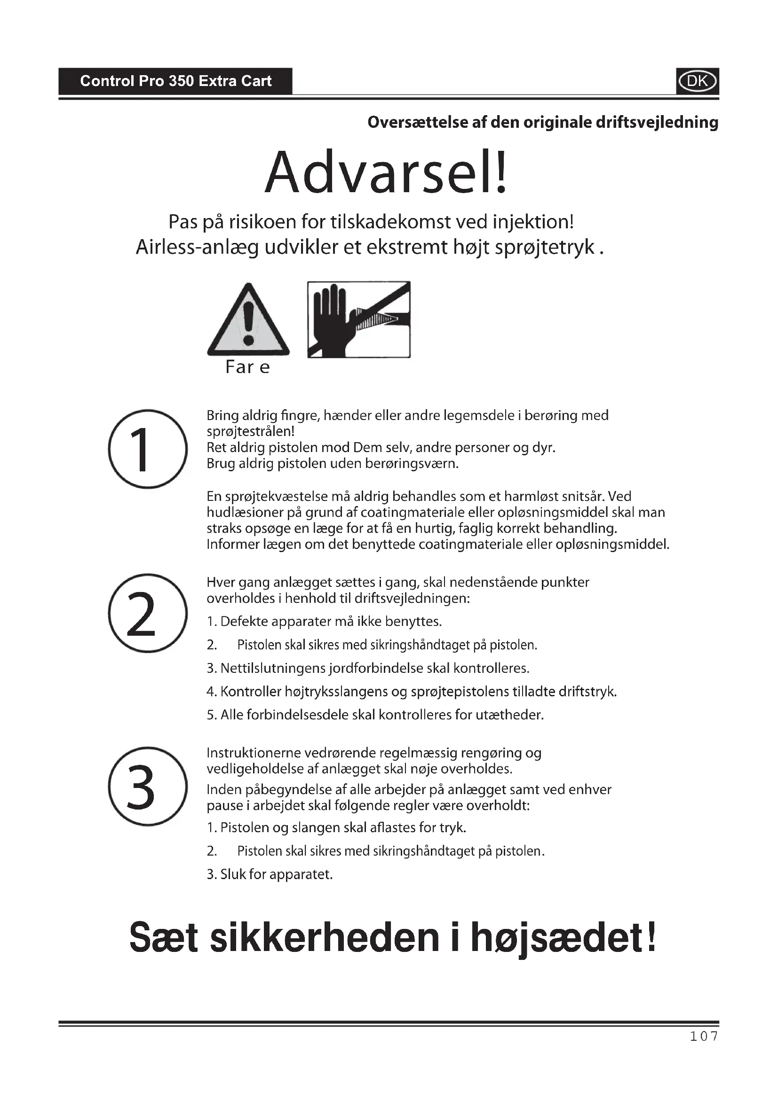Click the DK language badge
697,81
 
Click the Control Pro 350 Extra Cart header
175,81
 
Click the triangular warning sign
248,321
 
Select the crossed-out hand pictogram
359,319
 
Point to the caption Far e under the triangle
247,367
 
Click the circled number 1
148,449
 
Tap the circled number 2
148,613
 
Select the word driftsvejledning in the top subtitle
657,123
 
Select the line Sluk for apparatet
270,874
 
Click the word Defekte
243,622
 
